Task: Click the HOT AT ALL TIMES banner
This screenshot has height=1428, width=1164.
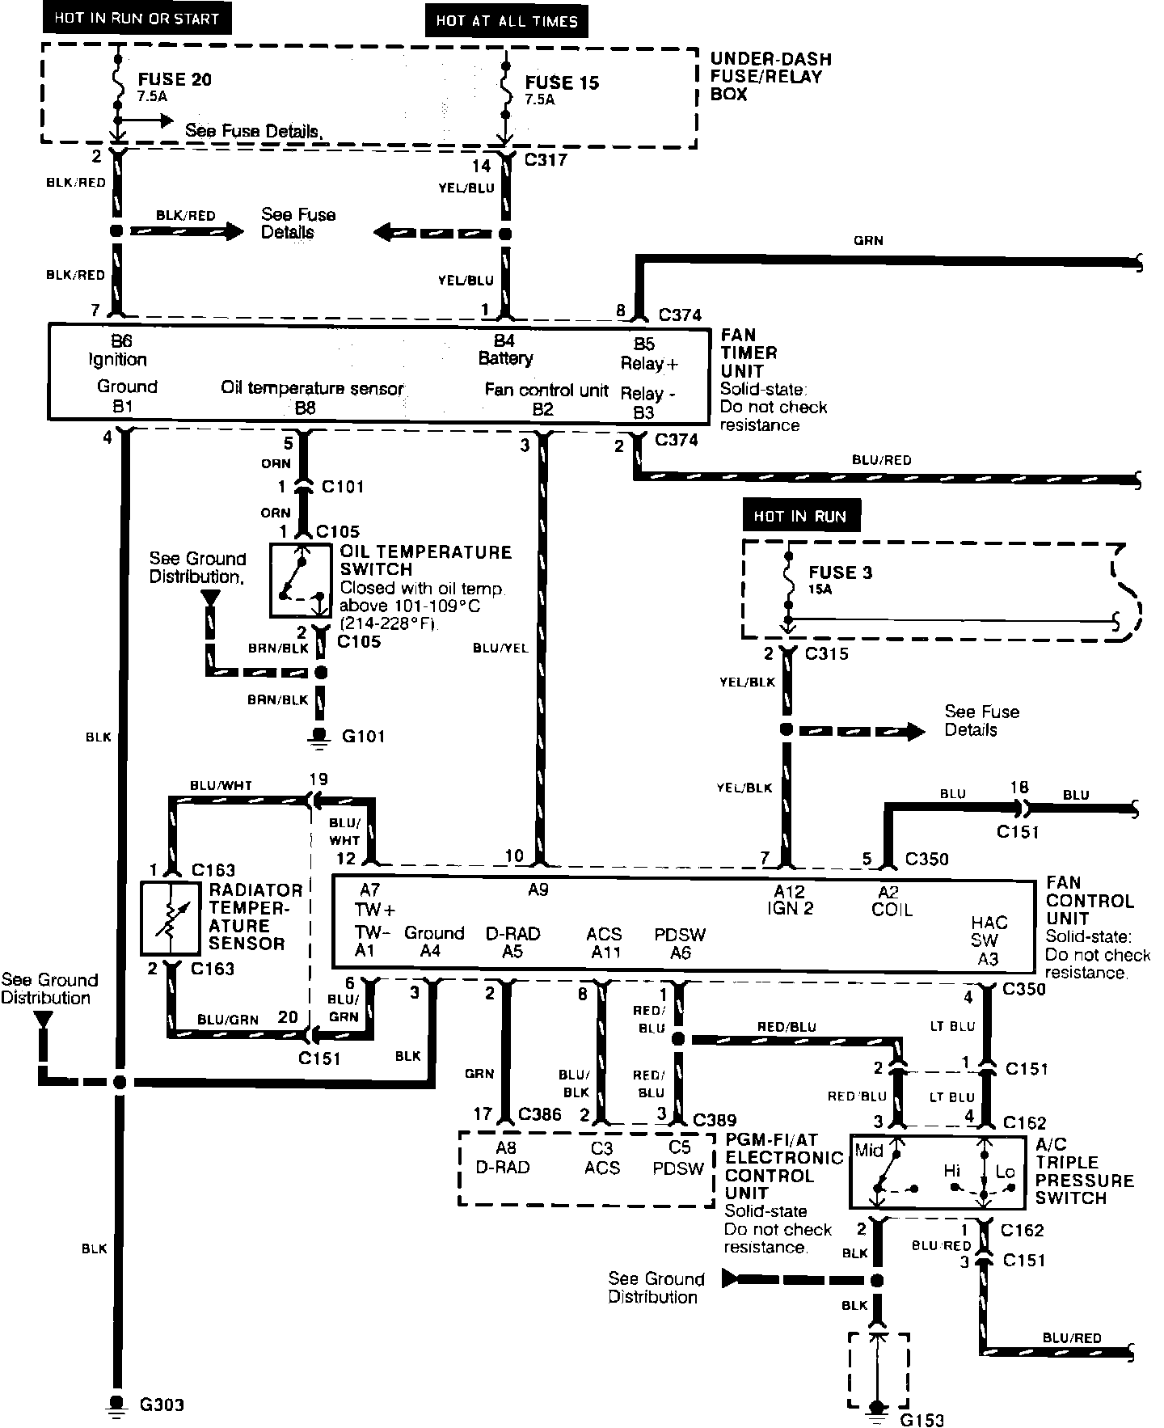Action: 507,22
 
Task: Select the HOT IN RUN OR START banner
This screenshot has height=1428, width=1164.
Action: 137,19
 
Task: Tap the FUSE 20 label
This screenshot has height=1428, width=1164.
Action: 175,79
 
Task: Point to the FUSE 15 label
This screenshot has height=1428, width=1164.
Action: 562,82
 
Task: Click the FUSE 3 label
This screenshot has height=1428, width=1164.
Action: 841,572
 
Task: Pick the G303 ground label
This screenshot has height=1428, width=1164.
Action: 162,1405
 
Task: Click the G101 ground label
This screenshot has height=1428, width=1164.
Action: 363,737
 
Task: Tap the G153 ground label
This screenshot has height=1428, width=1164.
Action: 921,1420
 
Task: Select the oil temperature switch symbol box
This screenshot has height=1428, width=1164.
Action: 300,580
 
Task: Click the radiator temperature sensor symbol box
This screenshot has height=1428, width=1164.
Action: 171,919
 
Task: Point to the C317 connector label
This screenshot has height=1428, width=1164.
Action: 546,160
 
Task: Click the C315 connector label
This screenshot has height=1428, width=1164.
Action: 826,653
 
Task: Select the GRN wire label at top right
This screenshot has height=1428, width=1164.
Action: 868,240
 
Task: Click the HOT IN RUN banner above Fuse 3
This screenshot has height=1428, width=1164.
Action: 800,517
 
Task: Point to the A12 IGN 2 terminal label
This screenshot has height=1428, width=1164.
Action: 790,899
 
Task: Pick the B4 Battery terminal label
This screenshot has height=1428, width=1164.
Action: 504,349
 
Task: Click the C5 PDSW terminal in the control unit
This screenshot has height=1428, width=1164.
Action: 679,1158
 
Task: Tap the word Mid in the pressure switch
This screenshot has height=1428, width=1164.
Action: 869,1151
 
